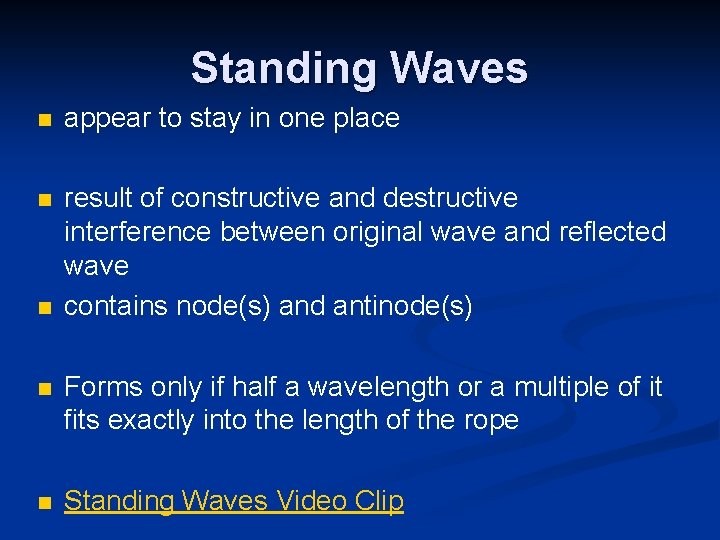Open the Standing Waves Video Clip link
(234, 501)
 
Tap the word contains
(117, 306)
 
